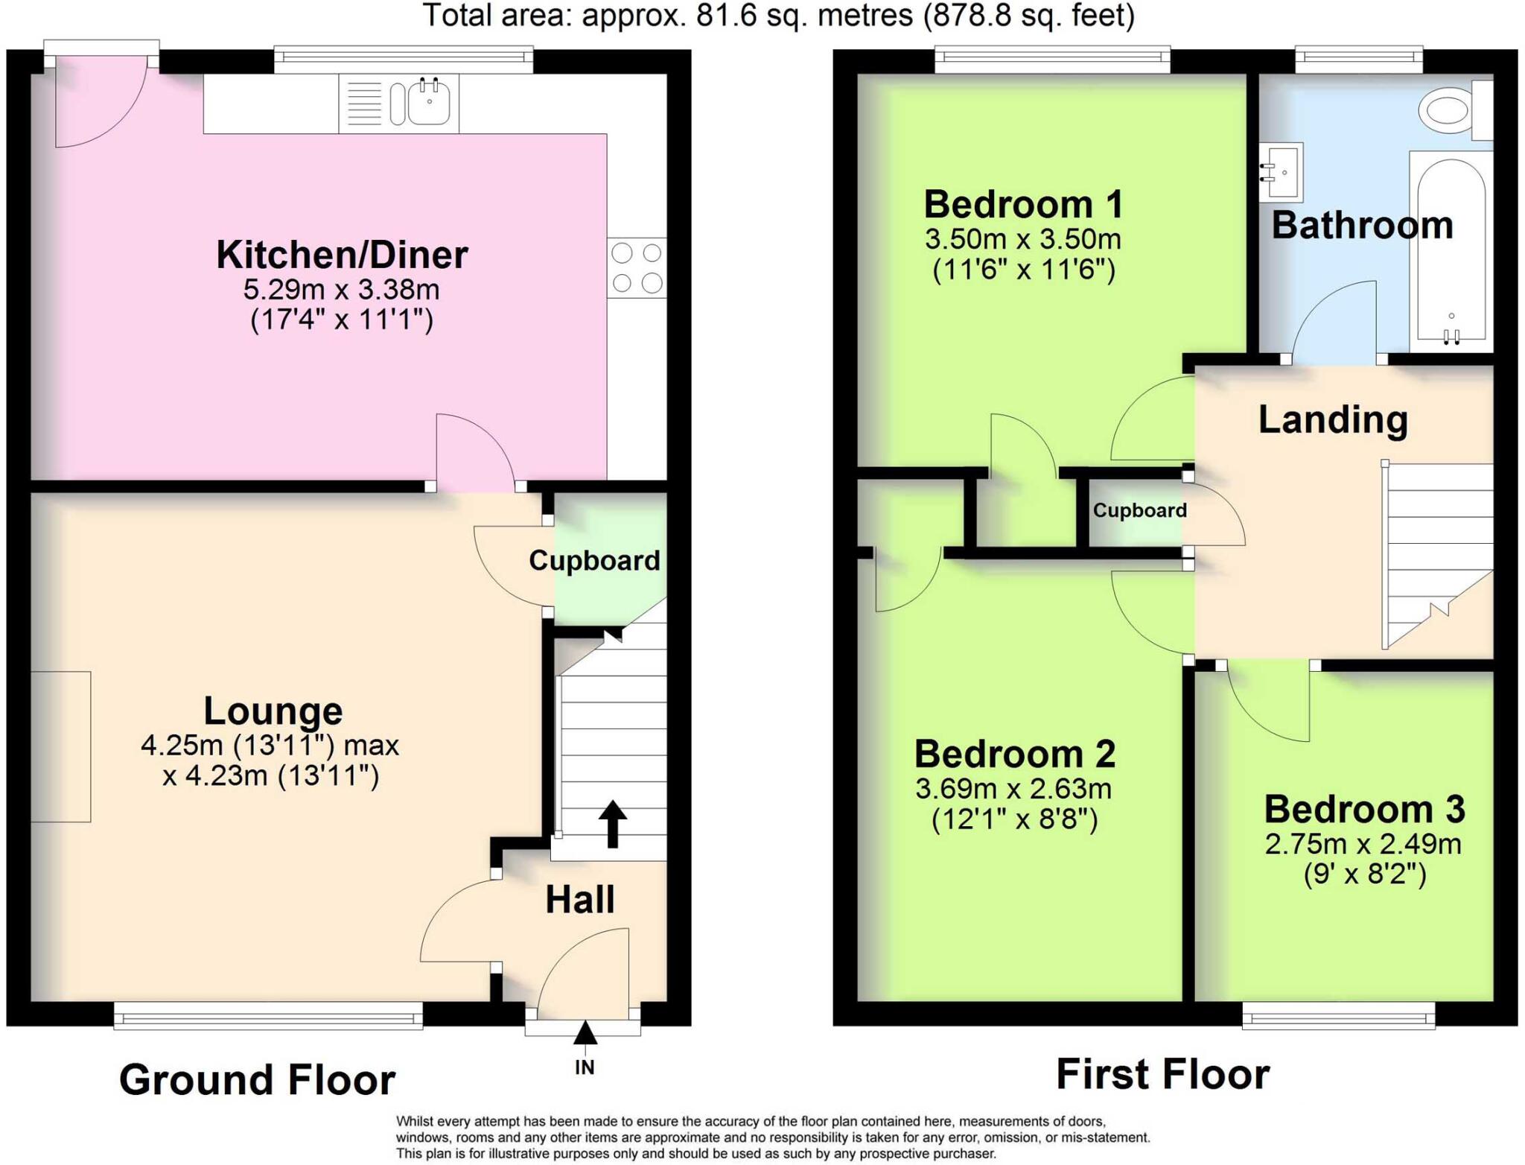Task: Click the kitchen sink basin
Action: point(429,104)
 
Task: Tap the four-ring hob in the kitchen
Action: point(637,268)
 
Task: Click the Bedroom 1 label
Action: point(1023,204)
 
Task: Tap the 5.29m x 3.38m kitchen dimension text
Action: point(342,289)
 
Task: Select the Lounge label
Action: point(273,711)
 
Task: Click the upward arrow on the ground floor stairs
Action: point(612,823)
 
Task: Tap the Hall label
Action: point(580,899)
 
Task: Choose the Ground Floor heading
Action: point(257,1079)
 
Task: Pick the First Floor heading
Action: point(1162,1074)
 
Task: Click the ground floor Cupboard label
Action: point(594,560)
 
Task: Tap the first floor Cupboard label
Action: point(1139,510)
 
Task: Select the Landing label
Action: point(1333,419)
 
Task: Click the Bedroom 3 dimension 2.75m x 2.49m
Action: point(1363,844)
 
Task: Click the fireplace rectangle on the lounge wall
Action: point(61,746)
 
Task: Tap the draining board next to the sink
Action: point(364,104)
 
